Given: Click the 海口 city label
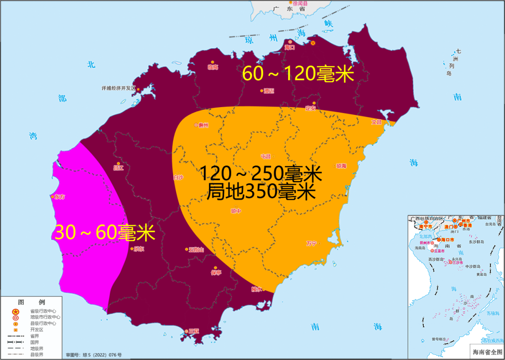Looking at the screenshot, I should [290, 47].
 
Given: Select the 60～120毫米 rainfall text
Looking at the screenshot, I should [298, 74].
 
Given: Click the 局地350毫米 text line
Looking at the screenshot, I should [261, 192].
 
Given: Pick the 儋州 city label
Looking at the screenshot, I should [203, 125].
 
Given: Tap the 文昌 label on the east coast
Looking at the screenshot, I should [376, 122].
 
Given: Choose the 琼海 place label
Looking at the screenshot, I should [341, 166].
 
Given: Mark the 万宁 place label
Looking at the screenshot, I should [311, 244].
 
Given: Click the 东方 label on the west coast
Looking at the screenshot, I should [60, 197].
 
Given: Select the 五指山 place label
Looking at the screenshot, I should [196, 250].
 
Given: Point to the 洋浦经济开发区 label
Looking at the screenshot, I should [118, 88].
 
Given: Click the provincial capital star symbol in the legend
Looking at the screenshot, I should [15, 311].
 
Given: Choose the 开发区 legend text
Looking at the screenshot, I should [36, 330].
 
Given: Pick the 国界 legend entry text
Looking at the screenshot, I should [35, 342].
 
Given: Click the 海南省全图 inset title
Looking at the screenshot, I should [486, 352].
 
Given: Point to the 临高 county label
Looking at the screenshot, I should [213, 67].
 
